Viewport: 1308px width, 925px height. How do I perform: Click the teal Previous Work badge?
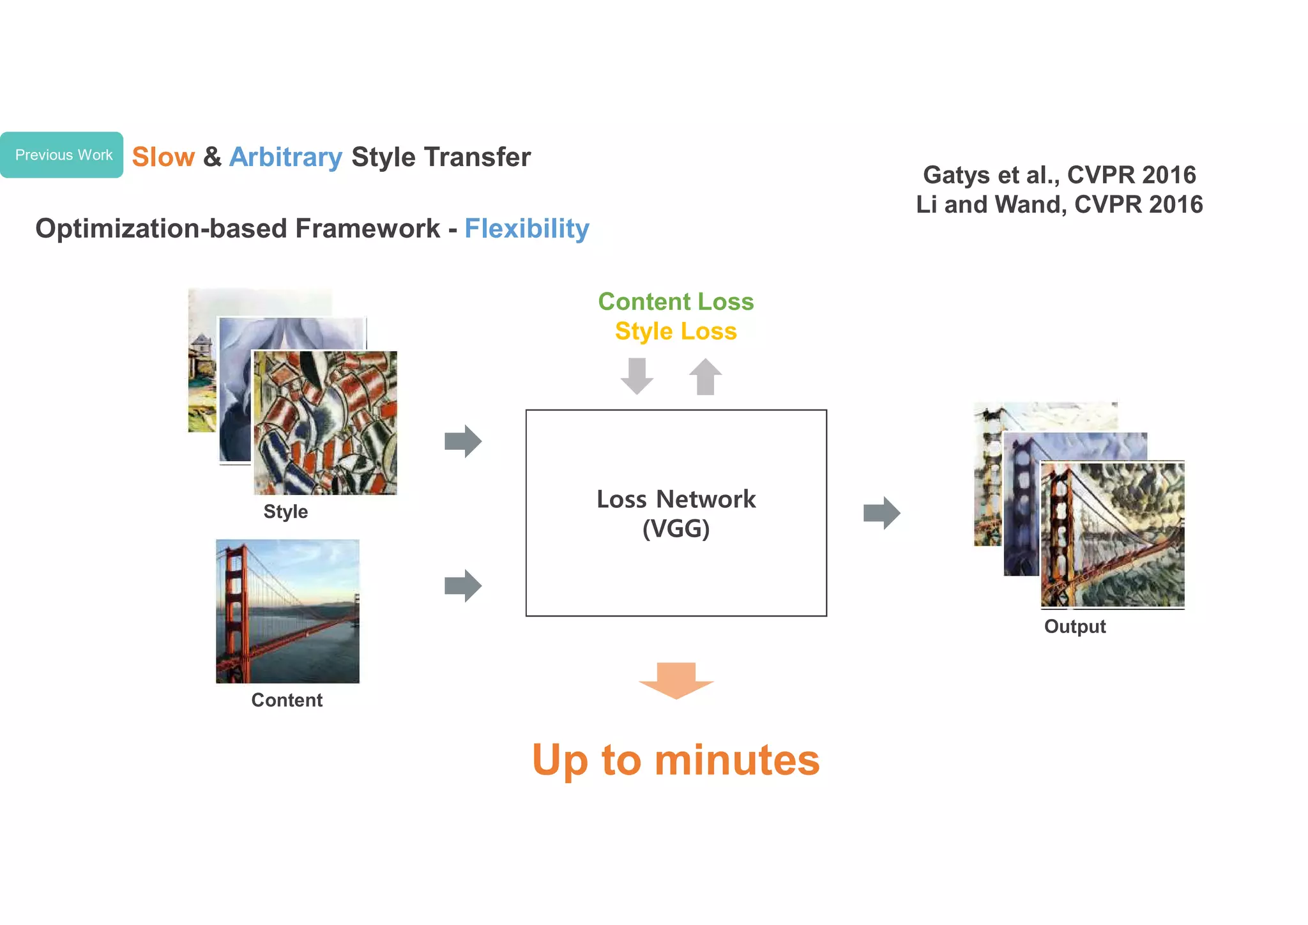click(x=62, y=155)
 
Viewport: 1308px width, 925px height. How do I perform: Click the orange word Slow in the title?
click(x=163, y=157)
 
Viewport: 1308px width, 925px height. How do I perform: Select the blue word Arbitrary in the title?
click(x=285, y=157)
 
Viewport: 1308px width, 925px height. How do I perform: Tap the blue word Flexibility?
click(x=526, y=229)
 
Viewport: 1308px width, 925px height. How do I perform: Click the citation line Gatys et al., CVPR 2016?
click(x=1059, y=175)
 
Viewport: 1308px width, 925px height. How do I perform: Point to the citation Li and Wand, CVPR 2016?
click(x=1059, y=205)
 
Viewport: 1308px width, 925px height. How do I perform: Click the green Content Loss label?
click(x=676, y=302)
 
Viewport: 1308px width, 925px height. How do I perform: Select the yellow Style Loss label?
click(x=676, y=332)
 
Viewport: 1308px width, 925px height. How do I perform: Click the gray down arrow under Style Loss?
click(x=637, y=376)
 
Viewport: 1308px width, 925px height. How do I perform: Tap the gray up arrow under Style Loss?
click(x=705, y=376)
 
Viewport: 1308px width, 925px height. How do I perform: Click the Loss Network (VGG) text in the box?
click(x=676, y=514)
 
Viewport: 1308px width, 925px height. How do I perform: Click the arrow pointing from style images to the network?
click(x=463, y=441)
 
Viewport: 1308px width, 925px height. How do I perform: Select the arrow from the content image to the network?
click(x=463, y=586)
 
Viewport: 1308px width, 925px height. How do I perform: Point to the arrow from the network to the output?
click(x=881, y=513)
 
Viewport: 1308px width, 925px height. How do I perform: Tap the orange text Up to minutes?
click(x=676, y=760)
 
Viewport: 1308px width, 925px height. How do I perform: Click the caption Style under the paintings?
click(x=285, y=512)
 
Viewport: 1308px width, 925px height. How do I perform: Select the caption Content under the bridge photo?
click(x=287, y=700)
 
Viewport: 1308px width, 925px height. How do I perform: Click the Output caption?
click(x=1075, y=627)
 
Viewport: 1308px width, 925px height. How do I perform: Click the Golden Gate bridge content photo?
click(x=287, y=611)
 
